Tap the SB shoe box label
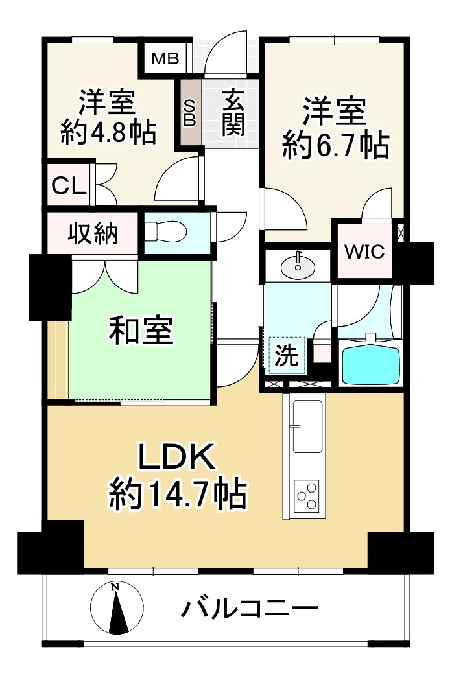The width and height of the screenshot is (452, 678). coord(190,113)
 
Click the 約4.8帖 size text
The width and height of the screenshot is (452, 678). coord(108,133)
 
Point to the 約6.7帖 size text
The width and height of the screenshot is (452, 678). coord(335,145)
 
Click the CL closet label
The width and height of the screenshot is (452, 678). coord(69,186)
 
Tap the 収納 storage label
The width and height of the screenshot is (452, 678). coord(93,233)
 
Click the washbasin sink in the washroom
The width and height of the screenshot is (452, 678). coord(298,264)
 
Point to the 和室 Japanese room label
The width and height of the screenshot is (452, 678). coord(140,331)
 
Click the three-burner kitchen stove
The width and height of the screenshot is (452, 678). coord(307,497)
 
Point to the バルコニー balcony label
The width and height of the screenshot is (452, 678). coord(250,609)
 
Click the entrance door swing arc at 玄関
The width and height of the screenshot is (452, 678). coord(227,49)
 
